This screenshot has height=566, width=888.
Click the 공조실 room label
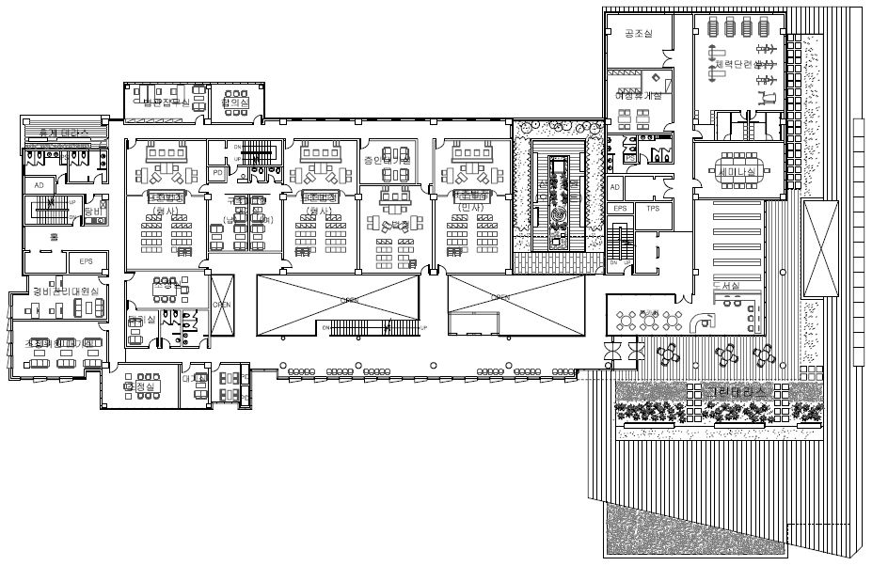[x=638, y=33]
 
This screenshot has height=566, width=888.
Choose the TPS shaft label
[x=654, y=209]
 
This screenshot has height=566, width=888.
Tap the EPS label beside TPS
[x=620, y=209]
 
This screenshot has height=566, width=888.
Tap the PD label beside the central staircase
[x=217, y=173]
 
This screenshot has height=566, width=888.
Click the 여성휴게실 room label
[x=638, y=95]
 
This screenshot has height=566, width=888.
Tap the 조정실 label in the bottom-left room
[x=143, y=385]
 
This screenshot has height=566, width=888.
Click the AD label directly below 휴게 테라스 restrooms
[x=40, y=185]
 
